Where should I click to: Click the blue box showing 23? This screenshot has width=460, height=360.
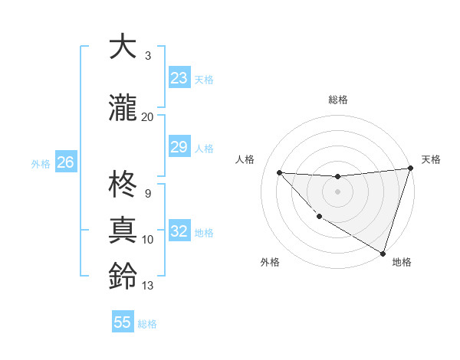pyautogui.click(x=179, y=78)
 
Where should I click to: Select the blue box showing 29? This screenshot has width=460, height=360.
pyautogui.click(x=179, y=147)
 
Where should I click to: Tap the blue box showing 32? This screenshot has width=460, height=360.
pyautogui.click(x=179, y=231)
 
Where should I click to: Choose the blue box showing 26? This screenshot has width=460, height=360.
pyautogui.click(x=65, y=162)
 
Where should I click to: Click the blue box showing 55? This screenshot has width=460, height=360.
pyautogui.click(x=123, y=322)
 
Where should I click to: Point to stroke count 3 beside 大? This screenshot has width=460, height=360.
pyautogui.click(x=147, y=56)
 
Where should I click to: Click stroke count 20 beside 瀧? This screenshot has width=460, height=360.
pyautogui.click(x=147, y=116)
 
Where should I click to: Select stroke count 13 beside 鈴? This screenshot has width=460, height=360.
pyautogui.click(x=147, y=286)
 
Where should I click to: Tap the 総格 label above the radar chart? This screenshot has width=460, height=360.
pyautogui.click(x=337, y=100)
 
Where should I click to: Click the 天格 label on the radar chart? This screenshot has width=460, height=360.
pyautogui.click(x=431, y=159)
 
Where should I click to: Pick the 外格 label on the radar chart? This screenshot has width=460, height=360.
pyautogui.click(x=269, y=262)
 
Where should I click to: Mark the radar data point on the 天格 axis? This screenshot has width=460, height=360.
pyautogui.click(x=410, y=169)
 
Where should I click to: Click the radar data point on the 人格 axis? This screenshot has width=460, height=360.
pyautogui.click(x=279, y=172)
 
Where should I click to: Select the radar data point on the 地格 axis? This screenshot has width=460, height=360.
pyautogui.click(x=383, y=253)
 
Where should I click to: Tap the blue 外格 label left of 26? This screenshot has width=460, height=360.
pyautogui.click(x=40, y=163)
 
